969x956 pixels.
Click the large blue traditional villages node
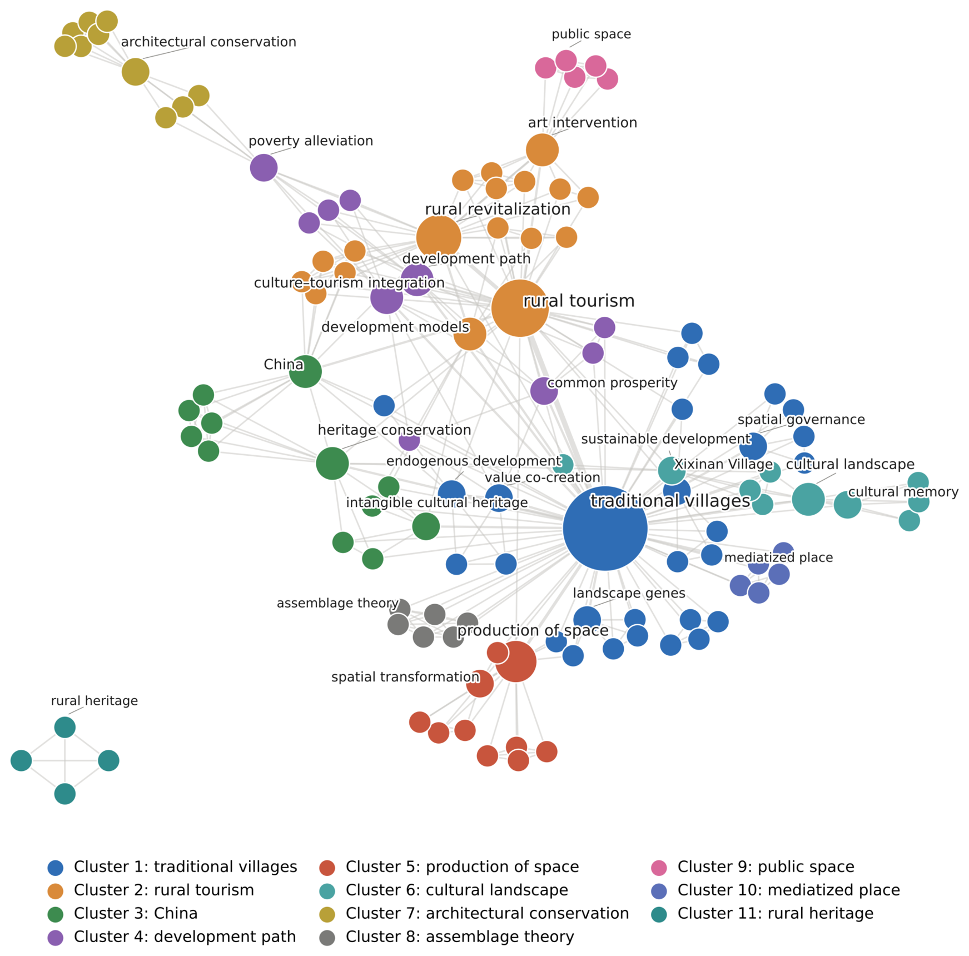605,528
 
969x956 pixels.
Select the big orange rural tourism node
520,308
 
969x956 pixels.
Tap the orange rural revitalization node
439,238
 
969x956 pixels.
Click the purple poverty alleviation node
264,167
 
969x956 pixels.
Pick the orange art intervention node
542,150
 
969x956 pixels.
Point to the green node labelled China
305,371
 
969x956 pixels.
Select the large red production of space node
515,661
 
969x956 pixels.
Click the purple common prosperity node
544,391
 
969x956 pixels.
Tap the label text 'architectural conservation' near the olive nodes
208,42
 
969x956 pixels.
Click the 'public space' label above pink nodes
591,34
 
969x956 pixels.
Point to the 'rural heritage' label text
95,700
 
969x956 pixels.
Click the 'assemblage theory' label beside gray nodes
337,603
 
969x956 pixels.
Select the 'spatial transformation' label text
405,677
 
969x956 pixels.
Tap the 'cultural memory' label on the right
903,492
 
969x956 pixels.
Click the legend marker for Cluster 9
658,868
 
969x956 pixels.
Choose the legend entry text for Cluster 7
487,913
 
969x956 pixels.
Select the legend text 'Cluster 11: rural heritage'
775,913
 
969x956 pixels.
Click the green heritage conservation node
332,463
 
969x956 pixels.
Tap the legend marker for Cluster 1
55,868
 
